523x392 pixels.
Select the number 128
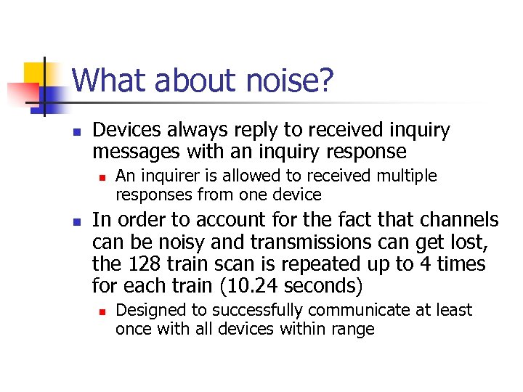click(142, 264)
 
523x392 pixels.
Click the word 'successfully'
click(257, 311)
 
